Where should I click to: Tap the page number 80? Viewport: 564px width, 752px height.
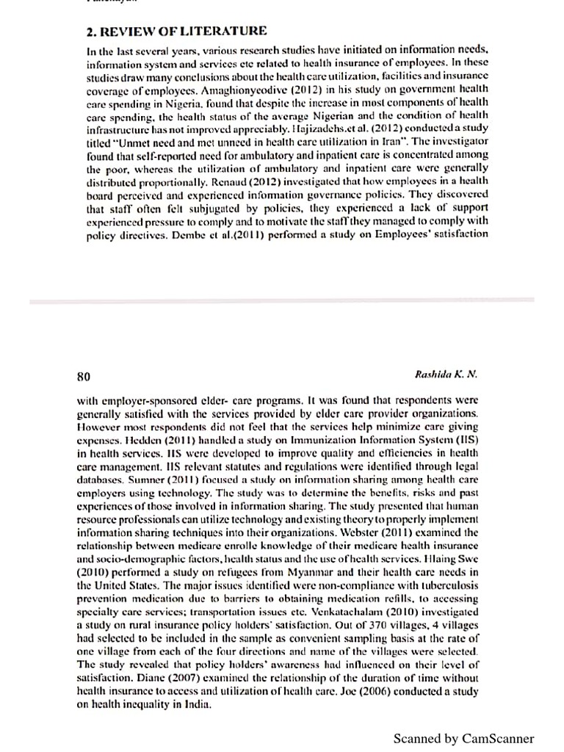pyautogui.click(x=84, y=376)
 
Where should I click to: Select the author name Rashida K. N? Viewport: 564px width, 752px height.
pyautogui.click(x=446, y=374)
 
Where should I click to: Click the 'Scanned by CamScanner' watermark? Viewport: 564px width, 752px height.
pyautogui.click(x=463, y=738)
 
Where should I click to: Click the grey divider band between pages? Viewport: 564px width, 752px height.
pyautogui.click(x=282, y=301)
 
